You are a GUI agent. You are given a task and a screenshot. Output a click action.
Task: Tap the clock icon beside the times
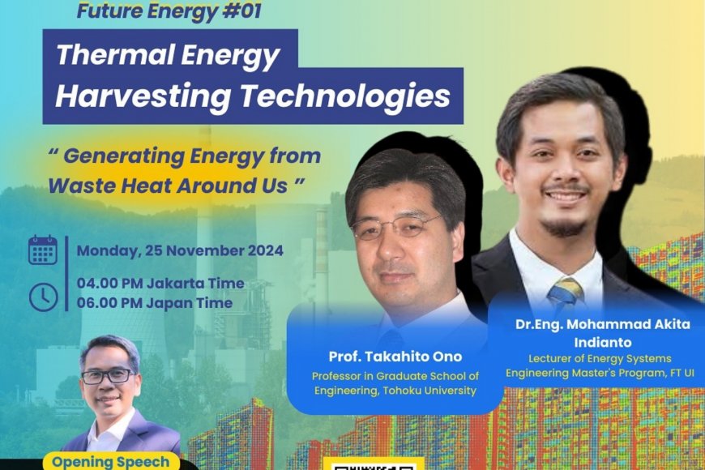pyautogui.click(x=43, y=297)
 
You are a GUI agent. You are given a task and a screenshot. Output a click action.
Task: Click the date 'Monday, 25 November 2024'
pyautogui.click(x=180, y=250)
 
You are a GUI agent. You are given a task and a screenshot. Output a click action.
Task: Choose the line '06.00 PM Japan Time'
pyautogui.click(x=155, y=303)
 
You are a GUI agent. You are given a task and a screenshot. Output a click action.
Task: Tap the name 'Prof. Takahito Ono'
pyautogui.click(x=394, y=357)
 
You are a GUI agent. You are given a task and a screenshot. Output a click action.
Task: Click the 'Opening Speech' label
pyautogui.click(x=110, y=462)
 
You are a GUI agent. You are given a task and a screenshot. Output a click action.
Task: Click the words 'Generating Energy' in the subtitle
pyautogui.click(x=152, y=156)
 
